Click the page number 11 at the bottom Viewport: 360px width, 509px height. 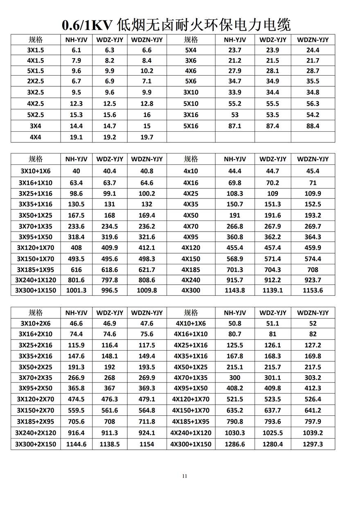pyautogui.click(x=184, y=476)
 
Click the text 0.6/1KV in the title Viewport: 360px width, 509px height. pyautogui.click(x=87, y=25)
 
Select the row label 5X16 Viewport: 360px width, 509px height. pyautogui.click(x=191, y=126)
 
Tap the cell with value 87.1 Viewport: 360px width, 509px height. pyautogui.click(x=235, y=126)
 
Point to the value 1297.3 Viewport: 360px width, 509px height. pyautogui.click(x=313, y=444)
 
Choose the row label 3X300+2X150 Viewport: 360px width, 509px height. pyautogui.click(x=36, y=444)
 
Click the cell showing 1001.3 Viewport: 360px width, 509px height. pyautogui.click(x=76, y=290)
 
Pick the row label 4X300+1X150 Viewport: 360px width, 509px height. pyautogui.click(x=191, y=444)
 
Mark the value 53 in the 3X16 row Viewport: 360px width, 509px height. pyautogui.click(x=235, y=115)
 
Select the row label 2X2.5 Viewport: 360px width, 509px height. pyautogui.click(x=36, y=81)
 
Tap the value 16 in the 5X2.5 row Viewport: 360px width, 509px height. pyautogui.click(x=147, y=115)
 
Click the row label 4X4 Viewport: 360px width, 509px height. pyautogui.click(x=36, y=137)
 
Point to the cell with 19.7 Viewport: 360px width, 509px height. pyautogui.click(x=147, y=137)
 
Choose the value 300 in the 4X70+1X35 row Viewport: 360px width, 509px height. pyautogui.click(x=235, y=378)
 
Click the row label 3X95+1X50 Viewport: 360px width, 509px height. pyautogui.click(x=36, y=237)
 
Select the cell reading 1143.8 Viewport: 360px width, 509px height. pyautogui.click(x=235, y=290)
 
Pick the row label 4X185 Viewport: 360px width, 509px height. pyautogui.click(x=191, y=270)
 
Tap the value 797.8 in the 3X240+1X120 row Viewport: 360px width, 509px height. pyautogui.click(x=110, y=280)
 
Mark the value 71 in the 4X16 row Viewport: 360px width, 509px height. pyautogui.click(x=313, y=183)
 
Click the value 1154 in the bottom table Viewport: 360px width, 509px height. pyautogui.click(x=147, y=444)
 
